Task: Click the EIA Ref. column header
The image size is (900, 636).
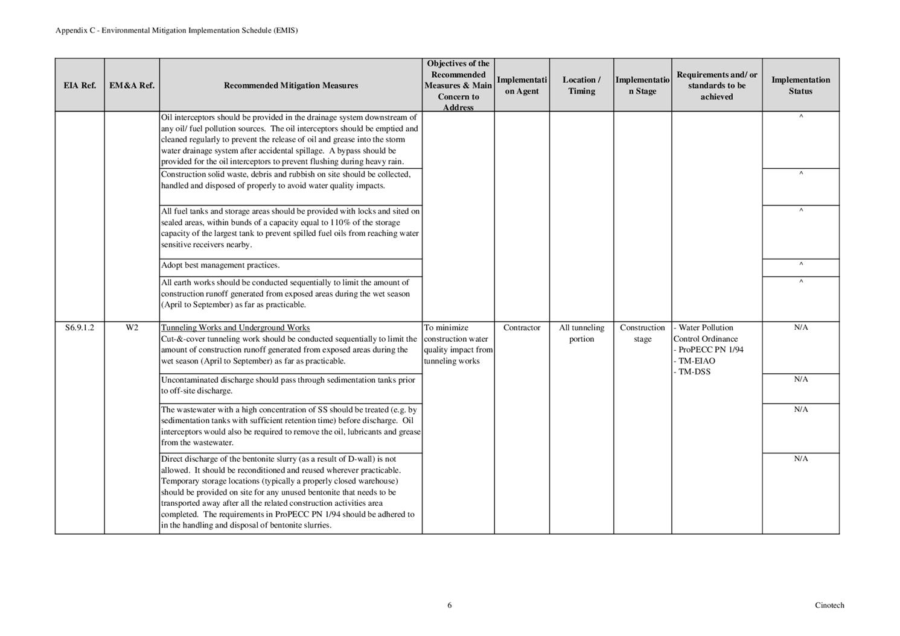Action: tap(80, 86)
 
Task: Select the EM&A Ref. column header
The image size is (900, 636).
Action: tap(132, 86)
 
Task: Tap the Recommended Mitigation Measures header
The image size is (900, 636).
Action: tap(290, 86)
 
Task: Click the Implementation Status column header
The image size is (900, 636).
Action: tap(800, 86)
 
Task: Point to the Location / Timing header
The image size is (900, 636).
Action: tap(581, 86)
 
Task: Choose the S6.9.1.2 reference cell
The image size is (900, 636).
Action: tap(80, 328)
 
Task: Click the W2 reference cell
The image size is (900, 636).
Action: tap(132, 328)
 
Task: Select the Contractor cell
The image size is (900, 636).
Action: tap(522, 328)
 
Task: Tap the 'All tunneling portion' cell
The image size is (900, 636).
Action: tap(581, 333)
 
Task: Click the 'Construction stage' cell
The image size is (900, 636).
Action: tap(642, 333)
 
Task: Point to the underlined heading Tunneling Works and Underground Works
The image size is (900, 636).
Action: tap(235, 328)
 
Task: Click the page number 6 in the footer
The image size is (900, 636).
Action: tap(450, 605)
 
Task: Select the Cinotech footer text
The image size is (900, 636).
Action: tap(829, 605)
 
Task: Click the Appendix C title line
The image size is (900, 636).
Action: tap(176, 30)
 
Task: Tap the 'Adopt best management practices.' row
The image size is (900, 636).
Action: tap(220, 265)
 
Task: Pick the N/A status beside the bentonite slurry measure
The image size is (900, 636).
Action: tap(801, 459)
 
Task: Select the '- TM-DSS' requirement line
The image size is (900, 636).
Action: tap(692, 372)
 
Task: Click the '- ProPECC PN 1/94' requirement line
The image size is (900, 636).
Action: tap(709, 350)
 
